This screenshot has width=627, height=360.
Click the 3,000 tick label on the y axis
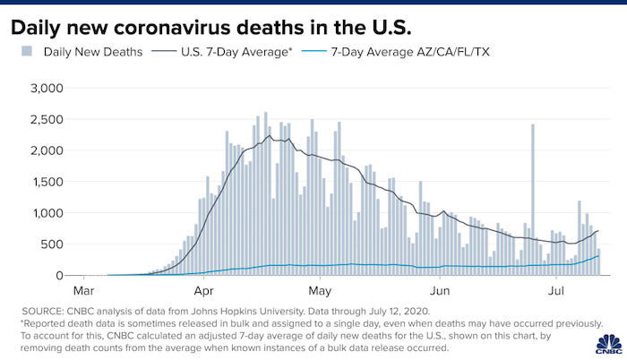(47, 89)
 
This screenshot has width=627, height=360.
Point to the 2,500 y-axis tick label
(47, 120)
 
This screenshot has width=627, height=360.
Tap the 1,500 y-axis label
(47, 183)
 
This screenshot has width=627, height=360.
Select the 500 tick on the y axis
(53, 245)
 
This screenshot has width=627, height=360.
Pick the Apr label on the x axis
(202, 291)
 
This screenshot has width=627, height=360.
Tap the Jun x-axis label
(440, 291)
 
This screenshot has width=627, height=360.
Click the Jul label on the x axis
(556, 291)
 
